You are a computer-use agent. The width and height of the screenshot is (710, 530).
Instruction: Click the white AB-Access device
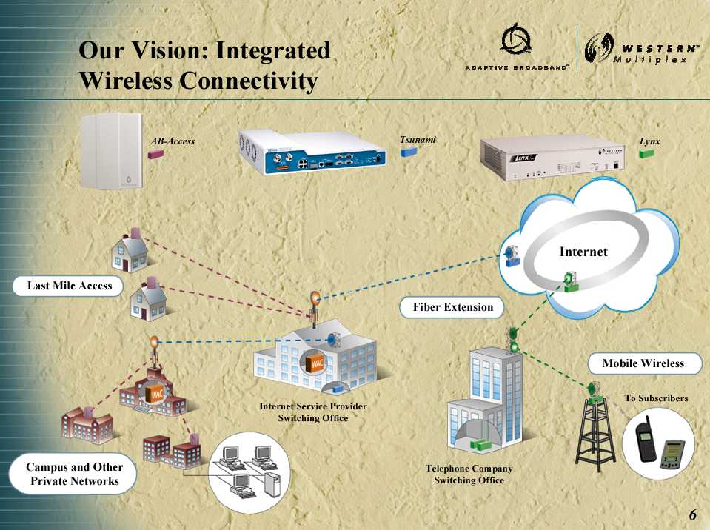(111, 150)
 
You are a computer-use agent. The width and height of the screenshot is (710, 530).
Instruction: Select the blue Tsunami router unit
(312, 152)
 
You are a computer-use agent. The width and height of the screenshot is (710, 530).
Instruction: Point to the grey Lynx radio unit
(552, 158)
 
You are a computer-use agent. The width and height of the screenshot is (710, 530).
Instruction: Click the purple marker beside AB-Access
(155, 154)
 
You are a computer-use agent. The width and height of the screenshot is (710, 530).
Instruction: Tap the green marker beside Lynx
(646, 153)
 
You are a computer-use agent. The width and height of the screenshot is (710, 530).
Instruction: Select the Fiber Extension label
(452, 307)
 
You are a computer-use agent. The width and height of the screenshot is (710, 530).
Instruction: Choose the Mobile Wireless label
(643, 363)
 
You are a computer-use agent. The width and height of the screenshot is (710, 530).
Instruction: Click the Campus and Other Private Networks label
(73, 474)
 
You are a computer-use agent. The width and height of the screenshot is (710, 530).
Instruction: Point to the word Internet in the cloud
(583, 252)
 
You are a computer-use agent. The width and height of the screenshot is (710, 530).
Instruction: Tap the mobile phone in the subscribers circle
(645, 438)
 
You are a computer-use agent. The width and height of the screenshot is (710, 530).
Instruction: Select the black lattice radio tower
(595, 431)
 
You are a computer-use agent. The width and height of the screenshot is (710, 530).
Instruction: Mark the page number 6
(693, 514)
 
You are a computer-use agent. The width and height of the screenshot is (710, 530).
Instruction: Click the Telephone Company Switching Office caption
(469, 474)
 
